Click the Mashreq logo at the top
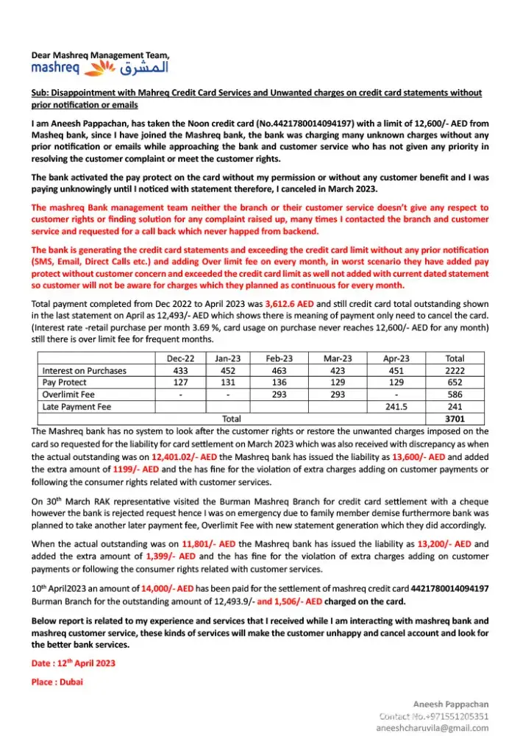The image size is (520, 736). (x=99, y=68)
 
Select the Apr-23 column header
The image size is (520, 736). (x=396, y=358)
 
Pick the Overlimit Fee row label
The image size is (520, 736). (x=68, y=394)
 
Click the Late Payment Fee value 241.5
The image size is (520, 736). (x=396, y=406)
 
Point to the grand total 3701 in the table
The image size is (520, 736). (x=455, y=418)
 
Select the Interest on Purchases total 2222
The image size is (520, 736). (x=455, y=370)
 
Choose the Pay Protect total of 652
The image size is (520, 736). (x=455, y=382)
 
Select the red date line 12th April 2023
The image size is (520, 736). (x=74, y=663)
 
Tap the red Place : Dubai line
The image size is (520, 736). (x=57, y=682)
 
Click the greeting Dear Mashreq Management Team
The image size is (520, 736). (x=100, y=55)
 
